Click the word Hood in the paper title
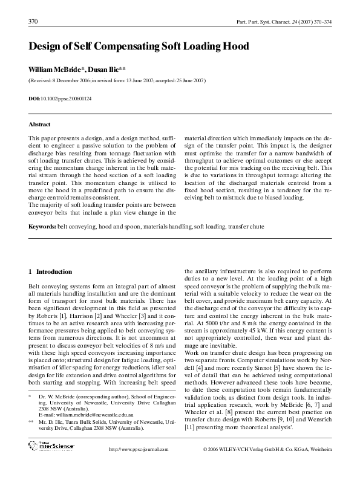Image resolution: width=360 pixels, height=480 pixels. (232, 46)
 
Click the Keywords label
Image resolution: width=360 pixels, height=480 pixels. (42, 227)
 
